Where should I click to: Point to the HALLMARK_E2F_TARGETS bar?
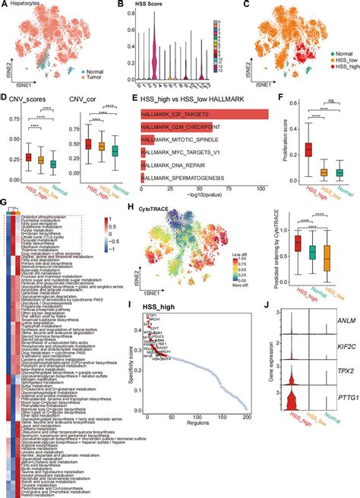point(204,115)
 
